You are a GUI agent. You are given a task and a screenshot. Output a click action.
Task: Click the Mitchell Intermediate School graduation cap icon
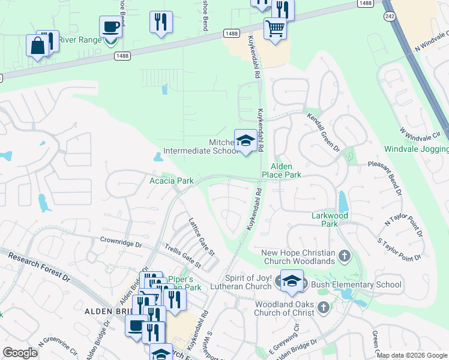(245, 142)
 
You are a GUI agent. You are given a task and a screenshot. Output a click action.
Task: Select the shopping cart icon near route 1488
(274, 28)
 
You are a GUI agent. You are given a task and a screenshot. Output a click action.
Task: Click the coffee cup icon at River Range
(110, 28)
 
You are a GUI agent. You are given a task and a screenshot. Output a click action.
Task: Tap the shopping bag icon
(37, 46)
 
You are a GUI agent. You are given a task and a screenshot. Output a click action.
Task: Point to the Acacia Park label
(171, 181)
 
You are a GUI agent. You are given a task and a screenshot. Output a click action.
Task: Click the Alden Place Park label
(281, 170)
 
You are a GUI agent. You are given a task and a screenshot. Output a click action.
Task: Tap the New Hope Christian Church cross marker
(344, 256)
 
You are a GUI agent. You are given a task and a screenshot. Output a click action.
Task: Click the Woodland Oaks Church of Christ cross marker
(323, 308)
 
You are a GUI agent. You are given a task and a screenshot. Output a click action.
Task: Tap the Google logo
(20, 353)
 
